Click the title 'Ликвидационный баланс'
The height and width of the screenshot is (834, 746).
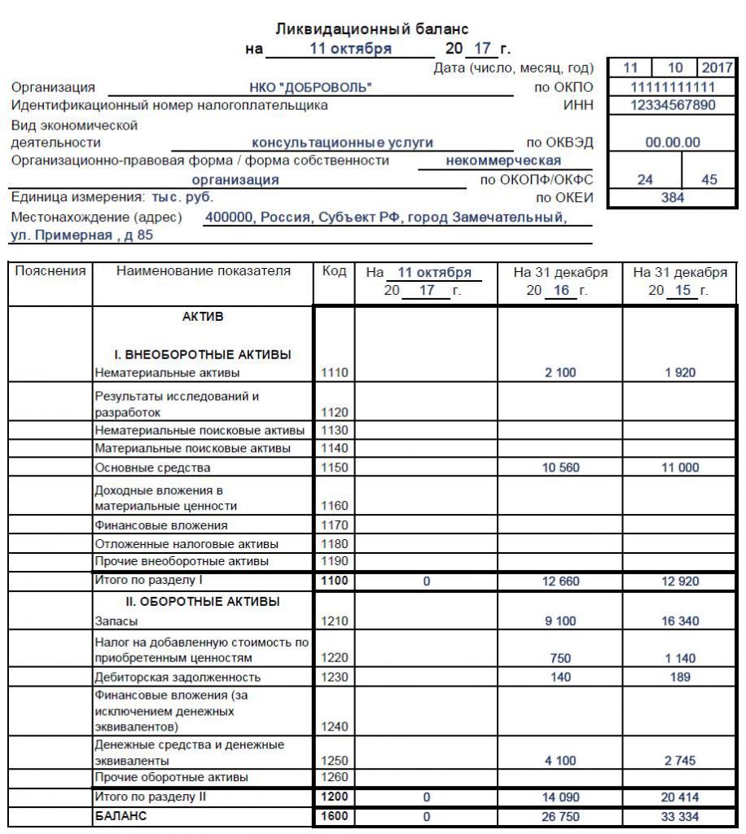372,29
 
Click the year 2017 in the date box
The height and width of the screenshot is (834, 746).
717,69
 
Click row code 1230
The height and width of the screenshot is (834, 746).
334,676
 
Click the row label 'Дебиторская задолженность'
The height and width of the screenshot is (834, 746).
166,676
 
